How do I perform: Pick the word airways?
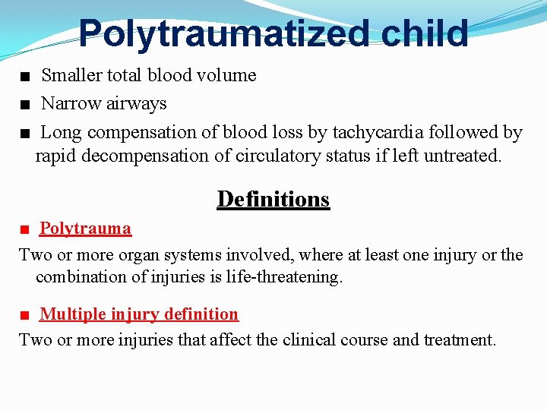pyautogui.click(x=138, y=103)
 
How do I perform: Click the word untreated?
pyautogui.click(x=463, y=156)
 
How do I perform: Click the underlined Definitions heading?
pyautogui.click(x=273, y=199)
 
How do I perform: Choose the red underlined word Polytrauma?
pyautogui.click(x=85, y=229)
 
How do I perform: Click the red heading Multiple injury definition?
pyautogui.click(x=139, y=314)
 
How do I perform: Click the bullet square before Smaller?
pyautogui.click(x=26, y=76)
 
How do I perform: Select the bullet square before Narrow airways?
pyautogui.click(x=26, y=104)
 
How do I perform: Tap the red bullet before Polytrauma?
pyautogui.click(x=25, y=229)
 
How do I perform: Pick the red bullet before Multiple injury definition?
pyautogui.click(x=25, y=314)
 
